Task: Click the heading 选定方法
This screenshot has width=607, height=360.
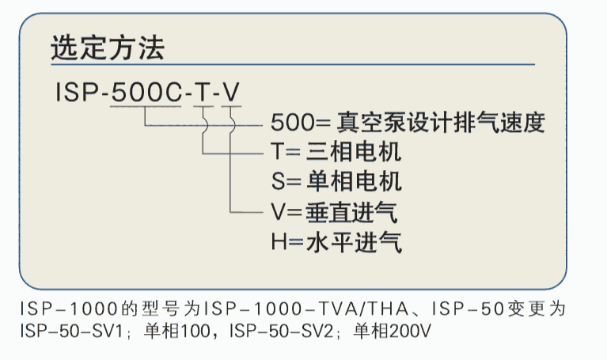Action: (107, 49)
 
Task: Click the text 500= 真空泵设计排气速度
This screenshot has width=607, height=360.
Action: (408, 123)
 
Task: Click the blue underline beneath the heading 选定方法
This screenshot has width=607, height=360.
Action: (293, 64)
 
